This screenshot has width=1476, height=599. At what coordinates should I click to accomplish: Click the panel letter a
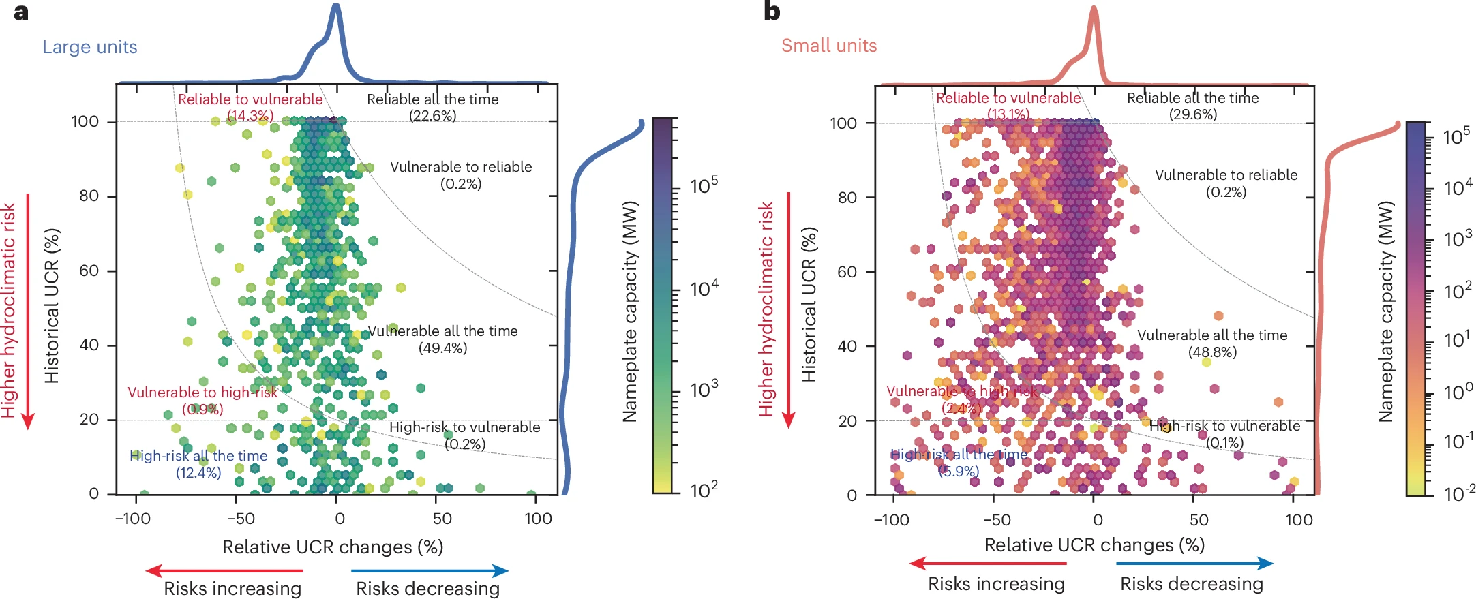21,12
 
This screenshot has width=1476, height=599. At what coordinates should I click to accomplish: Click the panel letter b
771,12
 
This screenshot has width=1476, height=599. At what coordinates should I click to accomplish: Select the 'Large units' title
90,47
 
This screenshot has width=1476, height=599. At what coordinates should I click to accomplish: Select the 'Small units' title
829,46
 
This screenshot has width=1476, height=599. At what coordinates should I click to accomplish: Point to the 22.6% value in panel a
432,116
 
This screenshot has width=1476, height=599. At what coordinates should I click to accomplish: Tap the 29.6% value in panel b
1192,114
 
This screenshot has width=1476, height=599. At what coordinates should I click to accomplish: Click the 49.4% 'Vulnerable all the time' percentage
442,348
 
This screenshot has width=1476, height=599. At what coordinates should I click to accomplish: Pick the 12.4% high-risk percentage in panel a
198,473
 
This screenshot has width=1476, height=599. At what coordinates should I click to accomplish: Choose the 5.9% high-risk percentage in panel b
959,471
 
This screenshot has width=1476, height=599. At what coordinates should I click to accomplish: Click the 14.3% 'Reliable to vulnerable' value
250,116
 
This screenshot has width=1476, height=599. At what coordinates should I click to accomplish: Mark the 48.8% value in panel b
1212,352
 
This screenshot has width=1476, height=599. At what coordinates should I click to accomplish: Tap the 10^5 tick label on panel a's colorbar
704,185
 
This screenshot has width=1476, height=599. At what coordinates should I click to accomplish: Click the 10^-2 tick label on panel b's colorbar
1459,493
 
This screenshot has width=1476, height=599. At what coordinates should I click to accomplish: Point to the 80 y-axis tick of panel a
89,196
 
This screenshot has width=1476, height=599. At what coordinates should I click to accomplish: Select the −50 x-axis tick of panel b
996,520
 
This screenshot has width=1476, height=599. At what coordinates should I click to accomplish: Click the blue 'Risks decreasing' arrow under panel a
430,570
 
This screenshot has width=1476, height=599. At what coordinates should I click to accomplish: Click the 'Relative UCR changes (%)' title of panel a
333,547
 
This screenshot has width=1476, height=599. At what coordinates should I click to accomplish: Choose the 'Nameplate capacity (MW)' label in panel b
1386,311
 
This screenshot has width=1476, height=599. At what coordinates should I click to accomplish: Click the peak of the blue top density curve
335,6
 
